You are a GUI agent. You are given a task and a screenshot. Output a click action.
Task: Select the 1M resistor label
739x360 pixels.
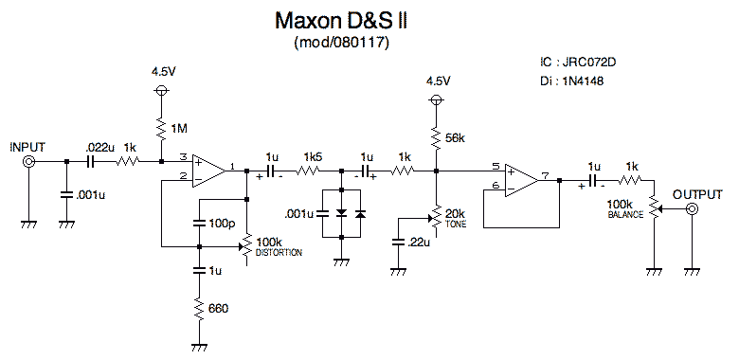click(181, 127)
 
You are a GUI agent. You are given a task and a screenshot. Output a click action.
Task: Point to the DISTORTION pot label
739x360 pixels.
click(279, 254)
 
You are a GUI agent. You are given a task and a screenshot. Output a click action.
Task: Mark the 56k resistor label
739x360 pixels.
click(455, 138)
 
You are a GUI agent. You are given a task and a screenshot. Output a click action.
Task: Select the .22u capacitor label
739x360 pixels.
click(420, 243)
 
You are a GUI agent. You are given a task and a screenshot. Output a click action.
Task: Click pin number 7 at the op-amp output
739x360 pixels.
click(546, 175)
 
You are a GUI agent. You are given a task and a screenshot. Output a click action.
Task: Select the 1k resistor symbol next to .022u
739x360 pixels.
click(128, 163)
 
